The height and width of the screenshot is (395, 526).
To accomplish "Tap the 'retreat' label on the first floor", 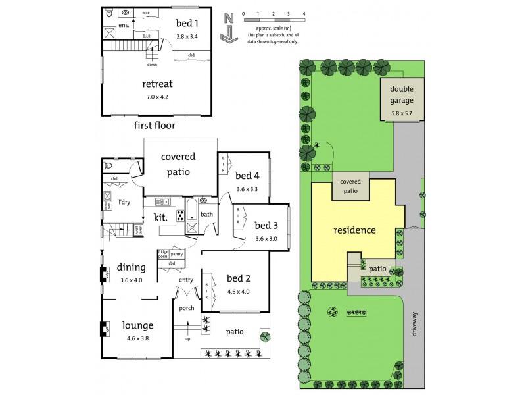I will coord(158,84).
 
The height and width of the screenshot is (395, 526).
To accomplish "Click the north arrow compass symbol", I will coord(228,27).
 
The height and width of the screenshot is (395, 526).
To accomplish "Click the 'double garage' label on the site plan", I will coord(402,95).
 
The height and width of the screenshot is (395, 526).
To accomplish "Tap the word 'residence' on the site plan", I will coord(354,230).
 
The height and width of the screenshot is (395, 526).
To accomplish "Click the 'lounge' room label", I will coord(137,325).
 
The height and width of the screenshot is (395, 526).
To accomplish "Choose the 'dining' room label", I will coord(131,267).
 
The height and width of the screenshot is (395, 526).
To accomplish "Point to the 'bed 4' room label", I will coord(248,176).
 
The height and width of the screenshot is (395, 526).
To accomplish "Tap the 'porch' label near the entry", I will coord(187,307).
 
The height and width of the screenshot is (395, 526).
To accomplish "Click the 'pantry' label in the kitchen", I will coord(176,253).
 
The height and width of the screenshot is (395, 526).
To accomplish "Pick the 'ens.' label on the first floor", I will coord(124,25).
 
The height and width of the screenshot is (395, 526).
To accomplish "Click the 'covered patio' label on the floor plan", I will coord(176,165).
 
